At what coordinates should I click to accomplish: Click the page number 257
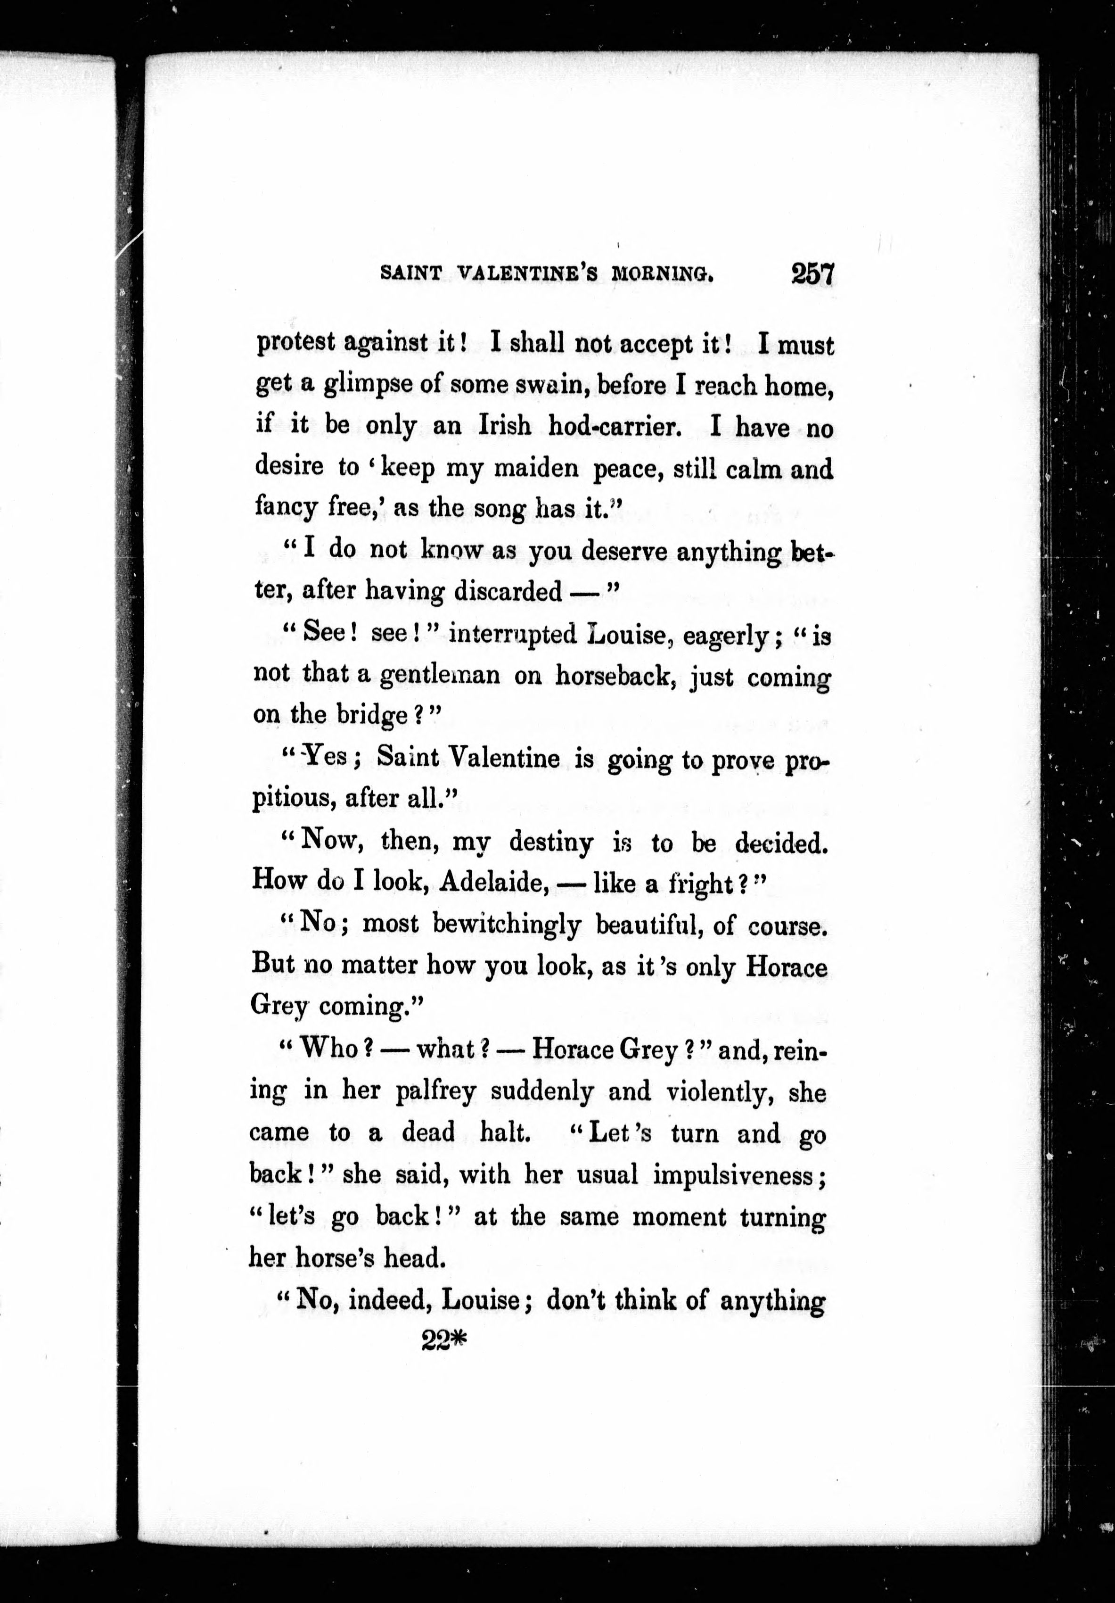coord(812,273)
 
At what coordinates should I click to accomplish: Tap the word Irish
coord(503,426)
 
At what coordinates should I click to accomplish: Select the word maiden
coord(536,468)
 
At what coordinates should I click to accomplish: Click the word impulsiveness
coord(736,1175)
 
